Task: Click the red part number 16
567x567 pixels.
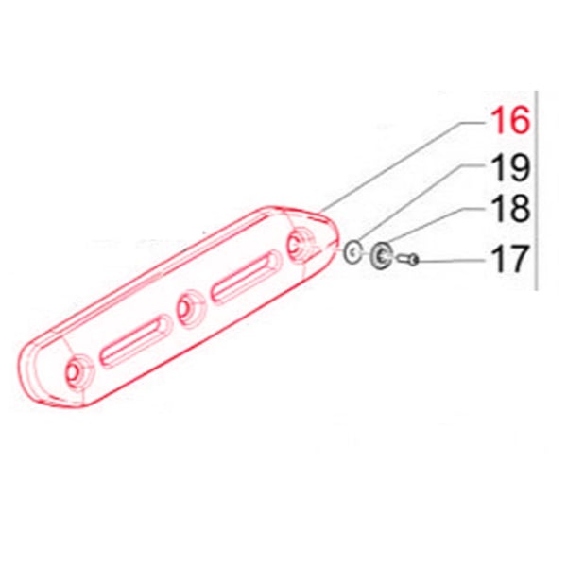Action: (510, 120)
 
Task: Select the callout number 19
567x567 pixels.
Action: (510, 168)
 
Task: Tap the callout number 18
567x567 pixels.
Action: (510, 210)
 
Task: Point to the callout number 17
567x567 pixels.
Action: (509, 258)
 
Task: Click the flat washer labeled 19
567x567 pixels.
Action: (352, 251)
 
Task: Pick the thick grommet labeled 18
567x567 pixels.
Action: (382, 256)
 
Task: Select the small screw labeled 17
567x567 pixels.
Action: (408, 259)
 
